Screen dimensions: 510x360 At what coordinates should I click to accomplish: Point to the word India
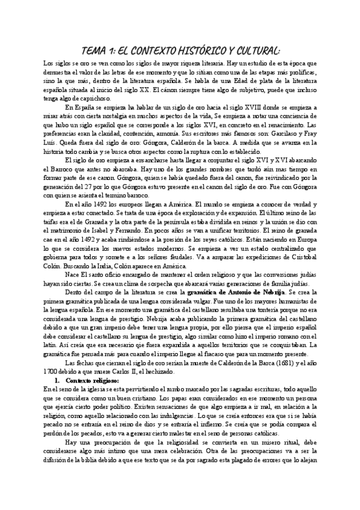[x=98, y=269]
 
